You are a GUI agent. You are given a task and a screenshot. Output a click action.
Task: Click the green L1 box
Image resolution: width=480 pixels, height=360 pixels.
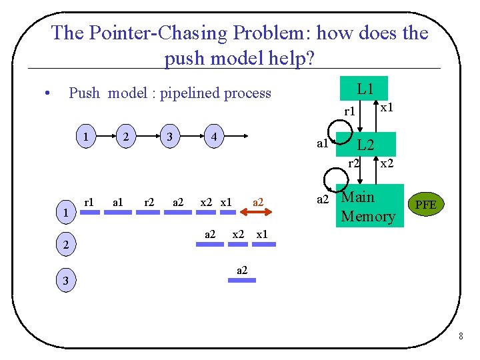(x=364, y=89)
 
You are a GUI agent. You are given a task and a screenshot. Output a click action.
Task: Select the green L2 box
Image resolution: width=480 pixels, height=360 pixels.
(x=366, y=144)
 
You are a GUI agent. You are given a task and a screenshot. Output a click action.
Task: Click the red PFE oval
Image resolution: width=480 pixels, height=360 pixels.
(x=425, y=205)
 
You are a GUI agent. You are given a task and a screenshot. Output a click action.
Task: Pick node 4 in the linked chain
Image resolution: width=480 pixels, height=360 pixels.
(x=213, y=137)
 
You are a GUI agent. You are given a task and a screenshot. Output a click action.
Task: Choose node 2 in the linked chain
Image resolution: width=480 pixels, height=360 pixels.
(x=125, y=137)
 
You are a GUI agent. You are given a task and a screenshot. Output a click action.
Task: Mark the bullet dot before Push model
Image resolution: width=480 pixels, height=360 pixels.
(x=46, y=93)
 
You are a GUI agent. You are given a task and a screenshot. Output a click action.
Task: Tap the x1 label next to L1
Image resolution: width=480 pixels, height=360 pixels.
(x=386, y=106)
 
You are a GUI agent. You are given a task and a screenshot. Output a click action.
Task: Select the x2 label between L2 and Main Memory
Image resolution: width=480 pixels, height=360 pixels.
(x=386, y=162)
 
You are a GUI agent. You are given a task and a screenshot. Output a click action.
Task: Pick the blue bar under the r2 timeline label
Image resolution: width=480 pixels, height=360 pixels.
(x=149, y=213)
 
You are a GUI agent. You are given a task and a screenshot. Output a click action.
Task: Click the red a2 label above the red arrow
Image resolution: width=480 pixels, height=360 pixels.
(x=258, y=201)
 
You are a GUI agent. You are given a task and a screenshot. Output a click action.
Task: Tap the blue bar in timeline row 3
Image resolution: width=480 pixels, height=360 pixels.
(x=241, y=281)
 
